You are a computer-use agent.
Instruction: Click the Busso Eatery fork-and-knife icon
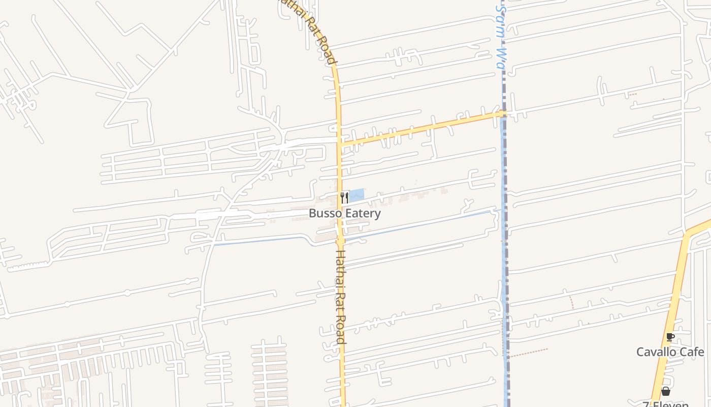(x=344, y=197)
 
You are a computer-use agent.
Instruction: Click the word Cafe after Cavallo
(x=692, y=352)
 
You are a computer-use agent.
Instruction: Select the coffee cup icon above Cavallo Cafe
(x=670, y=337)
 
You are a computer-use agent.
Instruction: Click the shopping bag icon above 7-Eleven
(x=665, y=391)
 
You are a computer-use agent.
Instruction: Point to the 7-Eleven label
(x=665, y=404)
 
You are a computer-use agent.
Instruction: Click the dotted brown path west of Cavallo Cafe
(x=528, y=352)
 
